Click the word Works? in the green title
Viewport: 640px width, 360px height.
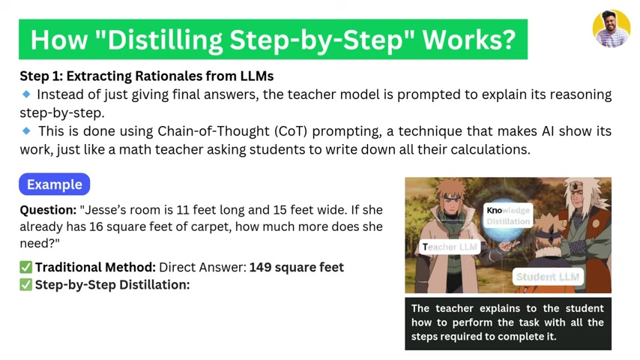(x=469, y=40)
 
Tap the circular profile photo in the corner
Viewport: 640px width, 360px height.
(x=612, y=28)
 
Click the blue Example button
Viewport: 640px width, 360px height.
(x=54, y=184)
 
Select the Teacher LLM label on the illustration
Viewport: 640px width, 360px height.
(x=450, y=247)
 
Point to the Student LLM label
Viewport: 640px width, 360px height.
(x=548, y=277)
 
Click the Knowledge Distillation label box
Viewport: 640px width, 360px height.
(x=508, y=215)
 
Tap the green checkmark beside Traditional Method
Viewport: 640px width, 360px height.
(x=25, y=267)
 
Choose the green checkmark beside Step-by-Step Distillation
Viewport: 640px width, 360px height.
(x=25, y=284)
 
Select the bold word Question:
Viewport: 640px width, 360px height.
(x=48, y=210)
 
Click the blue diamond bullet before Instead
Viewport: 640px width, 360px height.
(x=26, y=94)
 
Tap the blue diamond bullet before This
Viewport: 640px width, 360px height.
(x=26, y=130)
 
